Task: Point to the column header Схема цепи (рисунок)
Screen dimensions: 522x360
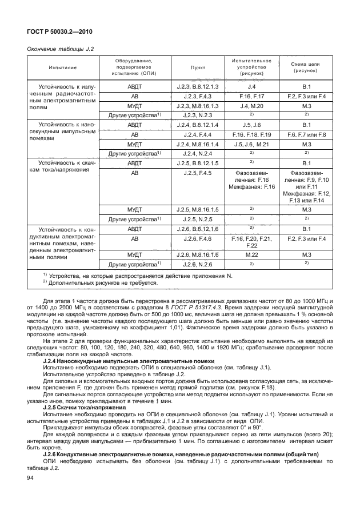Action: [306, 67]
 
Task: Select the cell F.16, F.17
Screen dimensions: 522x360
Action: [251, 96]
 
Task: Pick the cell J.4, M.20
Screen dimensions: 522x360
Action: [251, 106]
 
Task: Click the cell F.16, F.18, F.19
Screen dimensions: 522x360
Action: [251, 134]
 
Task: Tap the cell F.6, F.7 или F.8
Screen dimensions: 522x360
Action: [306, 134]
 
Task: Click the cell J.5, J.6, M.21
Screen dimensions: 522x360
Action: [251, 144]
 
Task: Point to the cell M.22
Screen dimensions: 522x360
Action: [251, 254]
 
